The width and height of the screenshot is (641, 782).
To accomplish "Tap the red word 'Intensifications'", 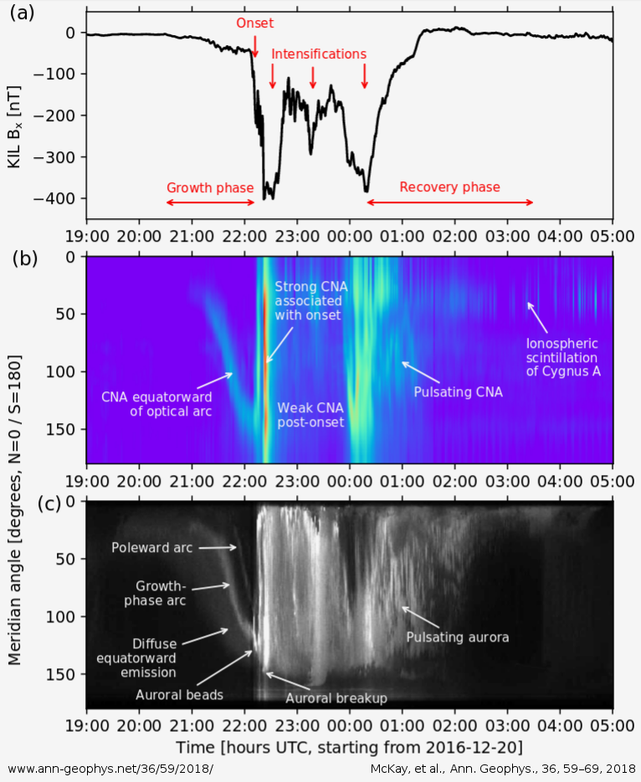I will coord(319,54).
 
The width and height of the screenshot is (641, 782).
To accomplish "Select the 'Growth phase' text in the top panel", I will coord(209,187).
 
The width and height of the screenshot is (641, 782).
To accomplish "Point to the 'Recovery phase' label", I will coord(449,187).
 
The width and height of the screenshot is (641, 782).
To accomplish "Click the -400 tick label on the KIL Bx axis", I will coord(59,198).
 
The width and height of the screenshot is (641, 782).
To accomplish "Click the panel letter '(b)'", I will coord(23,258).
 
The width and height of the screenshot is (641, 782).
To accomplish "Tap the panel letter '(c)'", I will coord(23,503).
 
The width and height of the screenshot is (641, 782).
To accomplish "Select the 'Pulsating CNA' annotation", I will coord(459,391).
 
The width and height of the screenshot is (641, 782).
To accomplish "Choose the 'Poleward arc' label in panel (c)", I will coord(152,548).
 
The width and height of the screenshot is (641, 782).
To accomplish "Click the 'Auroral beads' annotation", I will coord(180,694).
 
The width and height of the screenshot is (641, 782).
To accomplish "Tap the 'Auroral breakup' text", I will coord(336,698).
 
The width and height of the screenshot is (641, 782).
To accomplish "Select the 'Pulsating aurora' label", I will coord(458,637).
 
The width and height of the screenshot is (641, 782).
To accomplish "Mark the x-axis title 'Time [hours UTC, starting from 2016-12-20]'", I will coord(349,745).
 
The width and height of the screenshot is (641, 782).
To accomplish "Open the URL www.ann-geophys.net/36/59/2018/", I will coord(110,767).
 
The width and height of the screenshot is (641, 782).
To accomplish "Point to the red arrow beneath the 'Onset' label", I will coord(255,49).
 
